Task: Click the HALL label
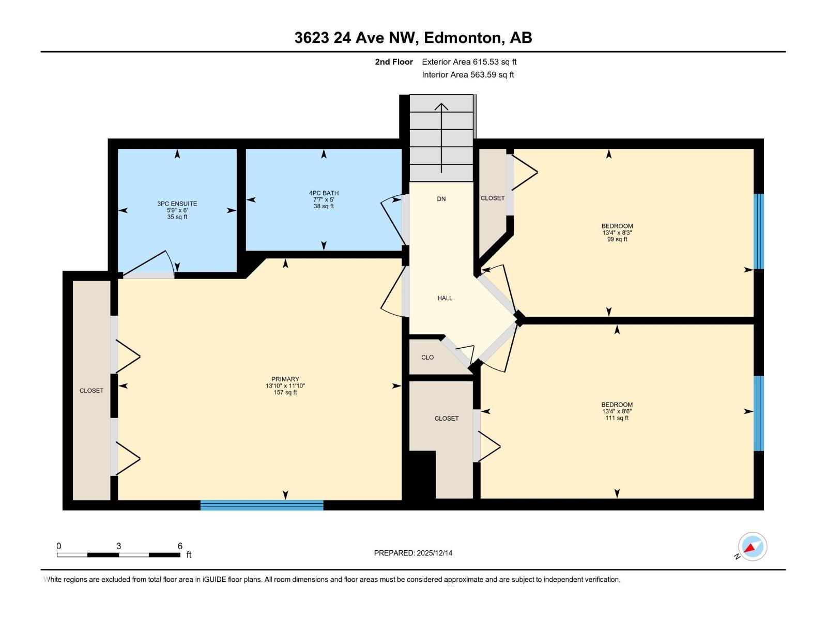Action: click(x=445, y=298)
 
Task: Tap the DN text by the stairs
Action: click(x=441, y=199)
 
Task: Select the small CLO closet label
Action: click(x=427, y=358)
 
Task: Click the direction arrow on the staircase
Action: click(x=441, y=137)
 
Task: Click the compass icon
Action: click(x=752, y=547)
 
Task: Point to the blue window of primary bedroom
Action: click(x=262, y=505)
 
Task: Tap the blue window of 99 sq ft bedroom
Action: click(x=758, y=231)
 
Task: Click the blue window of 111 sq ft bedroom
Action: click(x=758, y=413)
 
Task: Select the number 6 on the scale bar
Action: click(x=180, y=546)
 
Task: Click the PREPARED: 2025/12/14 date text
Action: click(x=413, y=553)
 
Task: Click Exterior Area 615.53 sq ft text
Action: click(x=469, y=62)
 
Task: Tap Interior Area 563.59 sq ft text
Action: click(x=468, y=75)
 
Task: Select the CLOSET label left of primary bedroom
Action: click(x=91, y=391)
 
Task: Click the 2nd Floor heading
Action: click(x=394, y=62)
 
